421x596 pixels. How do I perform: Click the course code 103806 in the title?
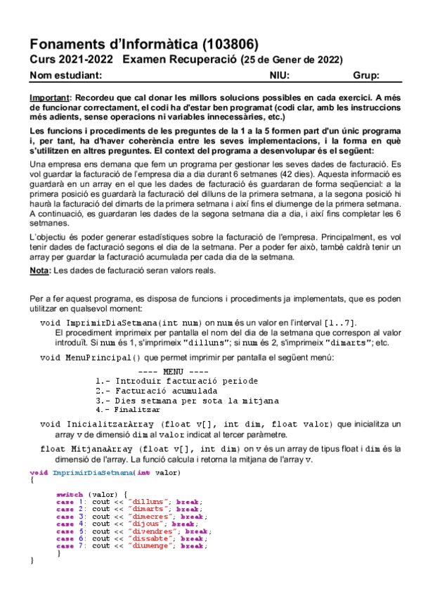[x=235, y=43]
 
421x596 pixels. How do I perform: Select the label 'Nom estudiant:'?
[x=67, y=76]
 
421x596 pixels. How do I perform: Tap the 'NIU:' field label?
[x=280, y=76]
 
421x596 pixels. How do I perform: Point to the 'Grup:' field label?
[x=366, y=76]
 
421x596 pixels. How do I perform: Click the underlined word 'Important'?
[x=49, y=98]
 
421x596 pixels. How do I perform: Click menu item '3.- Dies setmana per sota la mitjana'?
[x=187, y=401]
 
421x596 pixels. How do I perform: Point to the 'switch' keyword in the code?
[x=70, y=494]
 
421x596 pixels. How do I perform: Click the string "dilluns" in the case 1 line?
[x=151, y=501]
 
